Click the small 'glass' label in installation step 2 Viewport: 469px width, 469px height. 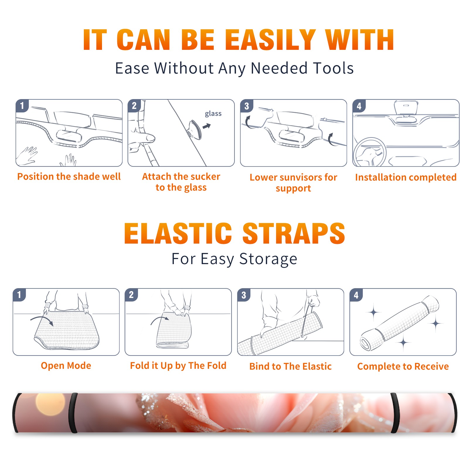pyautogui.click(x=213, y=114)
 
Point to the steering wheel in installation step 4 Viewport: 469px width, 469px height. pyautogui.click(x=370, y=152)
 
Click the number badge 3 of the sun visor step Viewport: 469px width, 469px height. pyautogui.click(x=247, y=106)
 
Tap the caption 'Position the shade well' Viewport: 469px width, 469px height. pyautogui.click(x=69, y=176)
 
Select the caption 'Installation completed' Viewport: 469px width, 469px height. pyautogui.click(x=406, y=177)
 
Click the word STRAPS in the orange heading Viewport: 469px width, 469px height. pyautogui.click(x=294, y=233)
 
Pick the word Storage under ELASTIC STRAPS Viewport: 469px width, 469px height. pyautogui.click(x=268, y=259)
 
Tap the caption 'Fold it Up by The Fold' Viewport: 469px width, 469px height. pyautogui.click(x=178, y=366)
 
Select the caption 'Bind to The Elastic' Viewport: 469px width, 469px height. pyautogui.click(x=290, y=366)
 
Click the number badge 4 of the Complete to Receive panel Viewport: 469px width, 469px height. pyautogui.click(x=356, y=295)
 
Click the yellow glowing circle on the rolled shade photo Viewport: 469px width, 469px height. pyautogui.click(x=50, y=404)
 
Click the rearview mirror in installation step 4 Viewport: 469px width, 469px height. pyautogui.click(x=406, y=108)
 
